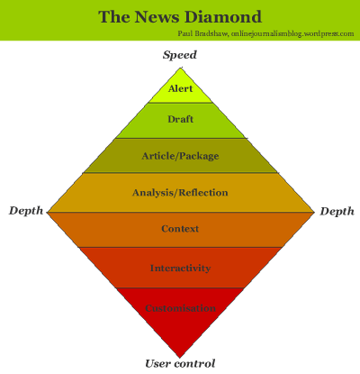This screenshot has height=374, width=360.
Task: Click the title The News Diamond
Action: pos(180,16)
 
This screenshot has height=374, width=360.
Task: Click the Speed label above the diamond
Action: pos(180,55)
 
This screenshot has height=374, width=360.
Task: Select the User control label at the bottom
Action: pos(180,363)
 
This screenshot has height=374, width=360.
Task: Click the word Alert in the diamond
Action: pos(180,88)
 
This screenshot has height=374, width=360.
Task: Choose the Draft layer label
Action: pos(180,120)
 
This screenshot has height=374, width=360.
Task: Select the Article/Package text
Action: pos(180,156)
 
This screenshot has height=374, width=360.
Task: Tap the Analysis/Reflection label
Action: pos(180,192)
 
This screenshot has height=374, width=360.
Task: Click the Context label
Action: pos(180,229)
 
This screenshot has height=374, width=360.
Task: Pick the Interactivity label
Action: pos(180,268)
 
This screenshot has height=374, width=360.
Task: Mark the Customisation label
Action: pos(180,307)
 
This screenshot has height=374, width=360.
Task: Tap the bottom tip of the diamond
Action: pos(180,355)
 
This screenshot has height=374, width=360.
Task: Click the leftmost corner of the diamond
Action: pos(48,212)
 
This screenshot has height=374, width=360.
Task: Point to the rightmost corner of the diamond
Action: pos(313,212)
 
